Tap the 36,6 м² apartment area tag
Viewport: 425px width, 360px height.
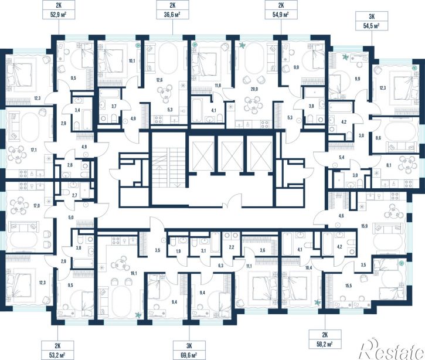(172, 15)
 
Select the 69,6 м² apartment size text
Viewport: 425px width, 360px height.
(189, 354)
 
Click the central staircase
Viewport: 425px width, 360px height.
(168, 168)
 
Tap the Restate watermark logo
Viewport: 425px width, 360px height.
(392, 349)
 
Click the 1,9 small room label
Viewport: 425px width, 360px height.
(178, 251)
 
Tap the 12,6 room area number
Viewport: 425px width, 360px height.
(159, 80)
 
